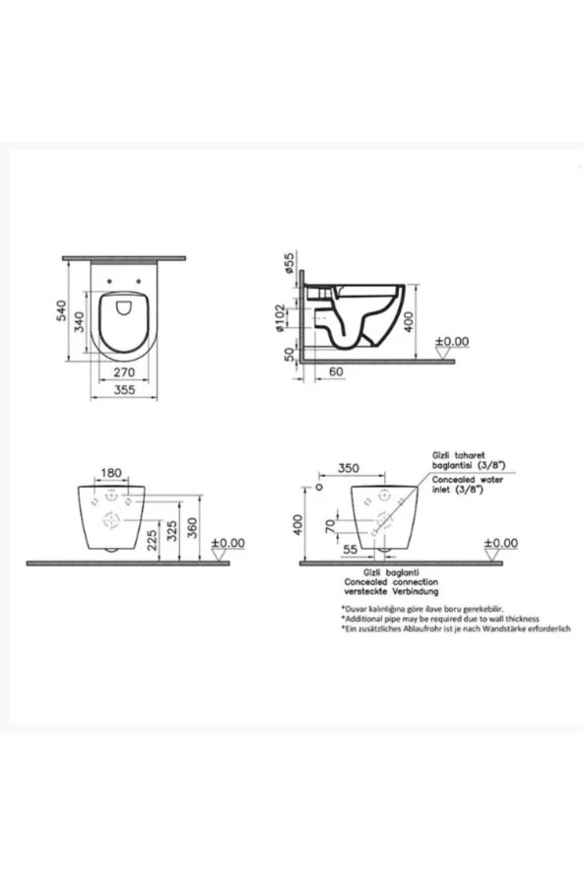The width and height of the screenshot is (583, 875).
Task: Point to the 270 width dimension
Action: coord(124,373)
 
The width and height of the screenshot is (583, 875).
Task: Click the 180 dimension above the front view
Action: coord(112,473)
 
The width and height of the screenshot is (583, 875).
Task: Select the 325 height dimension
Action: coord(173,533)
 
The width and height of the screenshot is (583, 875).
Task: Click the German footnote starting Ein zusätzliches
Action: coord(456,628)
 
